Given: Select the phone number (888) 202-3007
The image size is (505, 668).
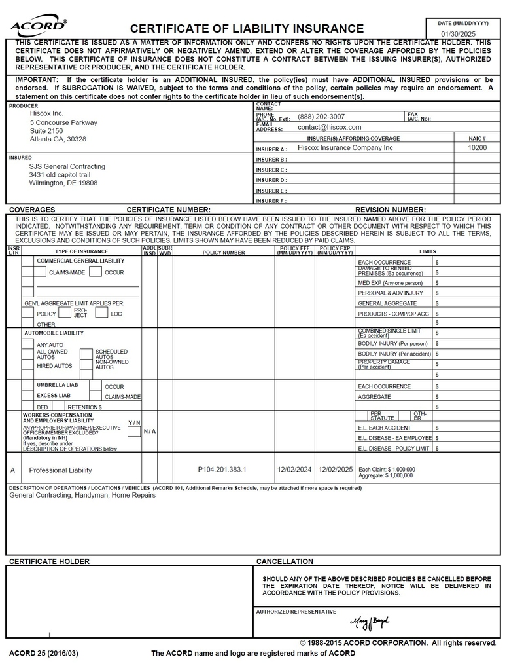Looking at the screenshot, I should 321,117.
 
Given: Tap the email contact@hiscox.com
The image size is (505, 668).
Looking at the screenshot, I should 329,127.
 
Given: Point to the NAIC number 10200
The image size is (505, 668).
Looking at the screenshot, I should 478,148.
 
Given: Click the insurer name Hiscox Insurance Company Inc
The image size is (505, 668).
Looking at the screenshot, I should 345,148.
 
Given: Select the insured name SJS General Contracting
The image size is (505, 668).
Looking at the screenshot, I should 67,166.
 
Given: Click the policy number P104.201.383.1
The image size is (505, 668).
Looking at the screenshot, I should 222,470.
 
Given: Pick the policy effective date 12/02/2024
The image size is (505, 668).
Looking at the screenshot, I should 294,470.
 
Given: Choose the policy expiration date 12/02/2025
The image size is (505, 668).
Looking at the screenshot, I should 336,470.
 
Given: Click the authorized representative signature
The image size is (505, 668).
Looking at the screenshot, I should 369,620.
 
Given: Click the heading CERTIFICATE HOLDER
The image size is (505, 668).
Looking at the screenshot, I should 49,561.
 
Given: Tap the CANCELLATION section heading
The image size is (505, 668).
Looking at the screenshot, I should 285,561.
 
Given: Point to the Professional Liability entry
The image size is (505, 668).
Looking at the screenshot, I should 60,470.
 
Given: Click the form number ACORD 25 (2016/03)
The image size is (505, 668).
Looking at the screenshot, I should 43,653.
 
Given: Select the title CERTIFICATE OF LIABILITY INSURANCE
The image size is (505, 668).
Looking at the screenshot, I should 247,28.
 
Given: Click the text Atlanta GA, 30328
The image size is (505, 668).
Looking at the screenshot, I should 58,139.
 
